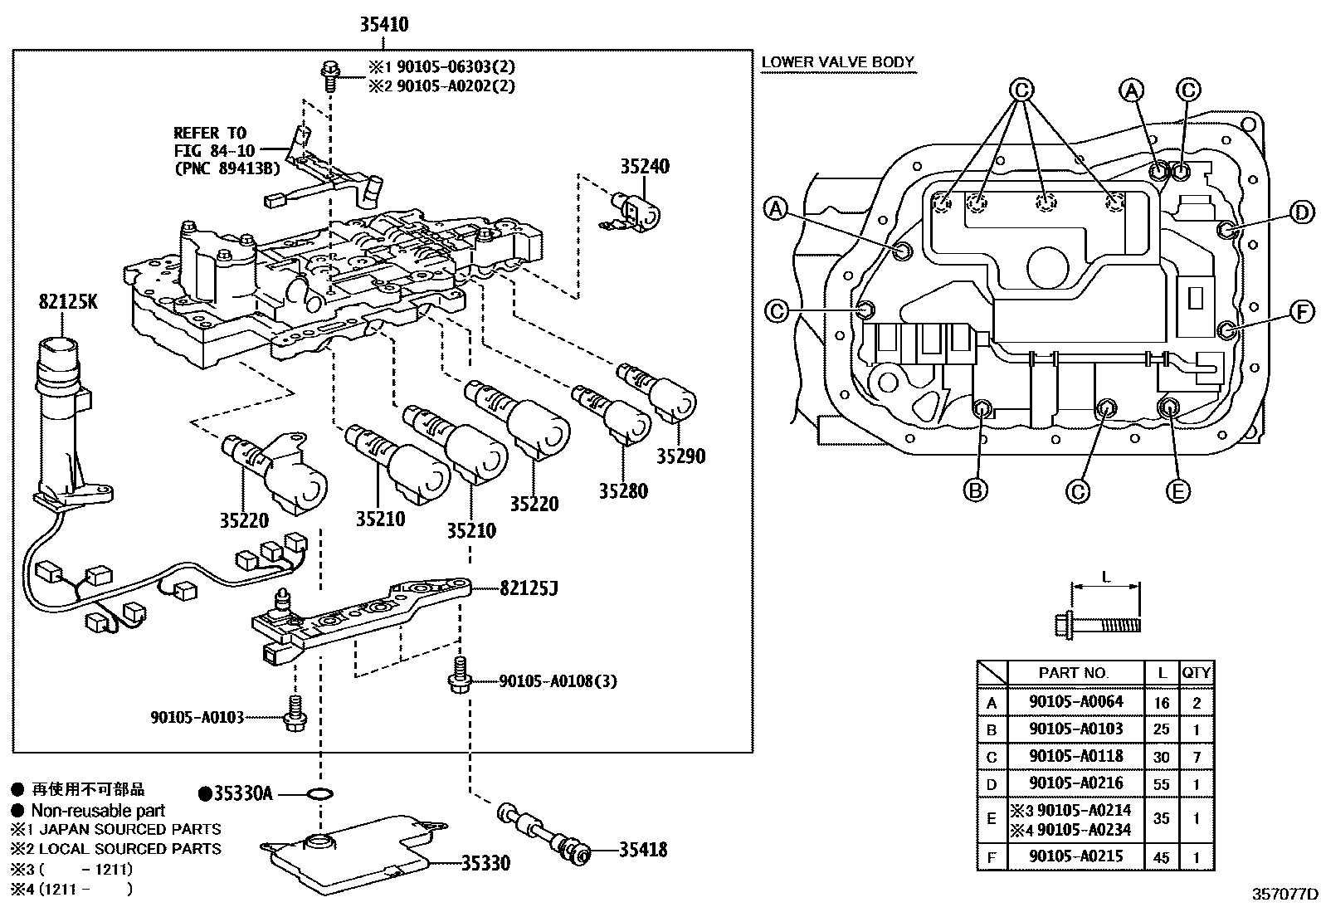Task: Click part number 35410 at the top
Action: [x=383, y=25]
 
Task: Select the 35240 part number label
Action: [x=645, y=167]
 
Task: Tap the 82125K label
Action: [x=67, y=302]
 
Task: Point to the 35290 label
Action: [x=680, y=456]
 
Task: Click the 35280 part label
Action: [x=623, y=490]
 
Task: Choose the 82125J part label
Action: [x=529, y=589]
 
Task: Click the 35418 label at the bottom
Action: [x=642, y=850]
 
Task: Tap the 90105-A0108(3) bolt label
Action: [x=558, y=681]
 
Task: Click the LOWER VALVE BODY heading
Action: [x=837, y=62]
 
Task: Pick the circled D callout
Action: [x=1302, y=213]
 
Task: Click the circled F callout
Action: [x=1302, y=312]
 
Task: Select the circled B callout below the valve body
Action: [x=976, y=490]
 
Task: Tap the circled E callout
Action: [x=1177, y=490]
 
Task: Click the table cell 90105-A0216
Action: [x=1075, y=783]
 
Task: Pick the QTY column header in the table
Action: [x=1196, y=672]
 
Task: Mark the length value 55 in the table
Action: [x=1161, y=784]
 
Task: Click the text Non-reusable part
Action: [x=98, y=811]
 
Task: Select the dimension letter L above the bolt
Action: [x=1106, y=576]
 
